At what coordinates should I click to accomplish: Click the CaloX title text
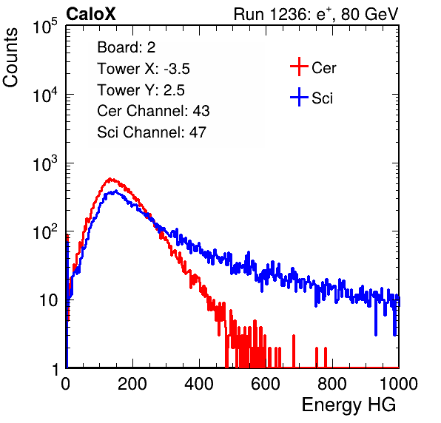point(91,14)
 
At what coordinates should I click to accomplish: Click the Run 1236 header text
point(316,14)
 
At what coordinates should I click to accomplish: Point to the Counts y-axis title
point(10,58)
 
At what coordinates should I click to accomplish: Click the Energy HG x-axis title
point(349,405)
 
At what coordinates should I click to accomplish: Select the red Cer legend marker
point(299,67)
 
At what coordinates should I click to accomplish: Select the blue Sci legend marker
point(299,97)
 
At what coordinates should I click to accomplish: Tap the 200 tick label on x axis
point(132,384)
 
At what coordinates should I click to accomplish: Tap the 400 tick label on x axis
point(199,384)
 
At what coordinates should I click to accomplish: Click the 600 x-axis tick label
point(266,384)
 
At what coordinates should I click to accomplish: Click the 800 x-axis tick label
point(332,384)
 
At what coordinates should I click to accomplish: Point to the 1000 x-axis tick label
point(399,384)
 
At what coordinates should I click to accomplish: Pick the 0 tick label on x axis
point(66,384)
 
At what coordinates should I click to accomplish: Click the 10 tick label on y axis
point(48,300)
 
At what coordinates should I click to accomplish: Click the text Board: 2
point(127,47)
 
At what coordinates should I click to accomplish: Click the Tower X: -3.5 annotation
point(144,69)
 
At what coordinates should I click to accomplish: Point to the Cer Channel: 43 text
point(153,111)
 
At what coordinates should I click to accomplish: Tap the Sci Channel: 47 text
point(152,132)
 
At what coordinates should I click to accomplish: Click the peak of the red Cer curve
point(110,178)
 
